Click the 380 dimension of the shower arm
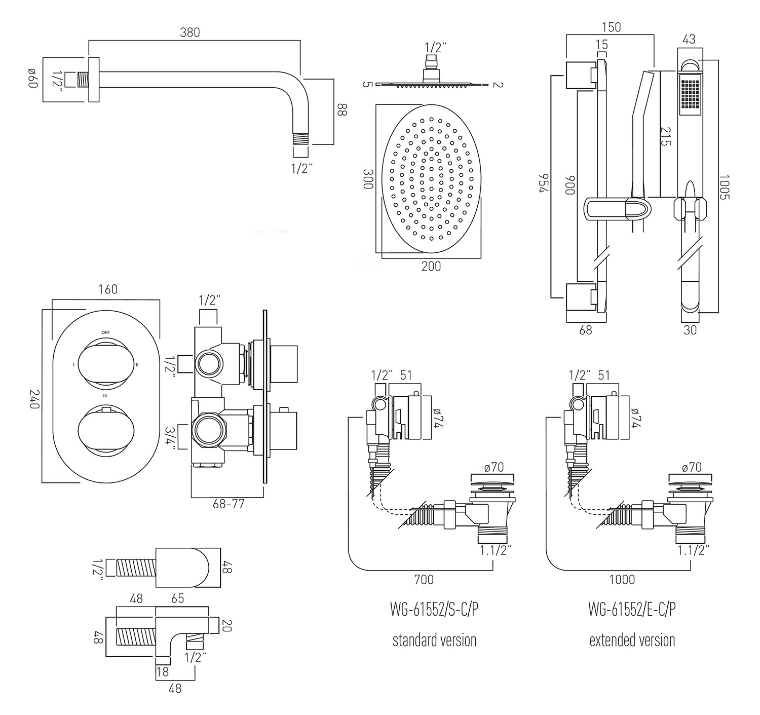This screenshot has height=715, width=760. click(x=190, y=32)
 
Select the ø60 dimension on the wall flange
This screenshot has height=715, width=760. click(x=33, y=79)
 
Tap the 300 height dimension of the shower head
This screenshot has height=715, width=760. click(x=368, y=179)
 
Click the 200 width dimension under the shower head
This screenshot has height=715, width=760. click(x=431, y=266)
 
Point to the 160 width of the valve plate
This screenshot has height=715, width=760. click(x=107, y=289)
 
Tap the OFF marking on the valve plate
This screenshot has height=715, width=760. click(x=105, y=332)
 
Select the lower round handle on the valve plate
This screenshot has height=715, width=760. click(x=105, y=429)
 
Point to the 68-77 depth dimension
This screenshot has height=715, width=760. click(x=229, y=505)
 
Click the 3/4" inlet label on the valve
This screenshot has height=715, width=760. click(x=170, y=439)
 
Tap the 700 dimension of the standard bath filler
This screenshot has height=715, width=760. click(x=424, y=579)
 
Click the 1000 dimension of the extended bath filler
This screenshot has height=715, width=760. click(x=622, y=579)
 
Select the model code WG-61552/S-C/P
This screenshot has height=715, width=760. click(x=434, y=610)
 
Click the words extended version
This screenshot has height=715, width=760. click(x=632, y=640)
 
